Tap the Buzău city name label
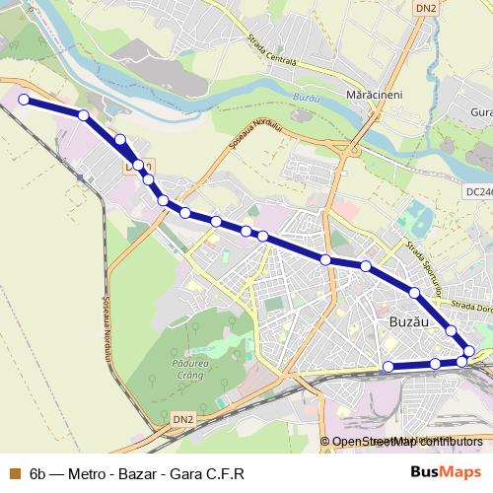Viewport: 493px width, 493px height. pyautogui.click(x=405, y=323)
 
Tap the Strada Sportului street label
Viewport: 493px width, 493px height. pyautogui.click(x=422, y=254)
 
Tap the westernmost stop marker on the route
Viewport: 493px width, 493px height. pyautogui.click(x=24, y=100)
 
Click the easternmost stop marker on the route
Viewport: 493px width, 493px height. pyautogui.click(x=469, y=351)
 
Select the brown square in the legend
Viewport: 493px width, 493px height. pyautogui.click(x=13, y=473)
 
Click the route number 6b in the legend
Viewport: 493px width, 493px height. pyautogui.click(x=38, y=473)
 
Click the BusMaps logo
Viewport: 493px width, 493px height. pyautogui.click(x=448, y=472)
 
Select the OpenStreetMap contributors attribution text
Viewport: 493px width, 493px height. pyautogui.click(x=407, y=442)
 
